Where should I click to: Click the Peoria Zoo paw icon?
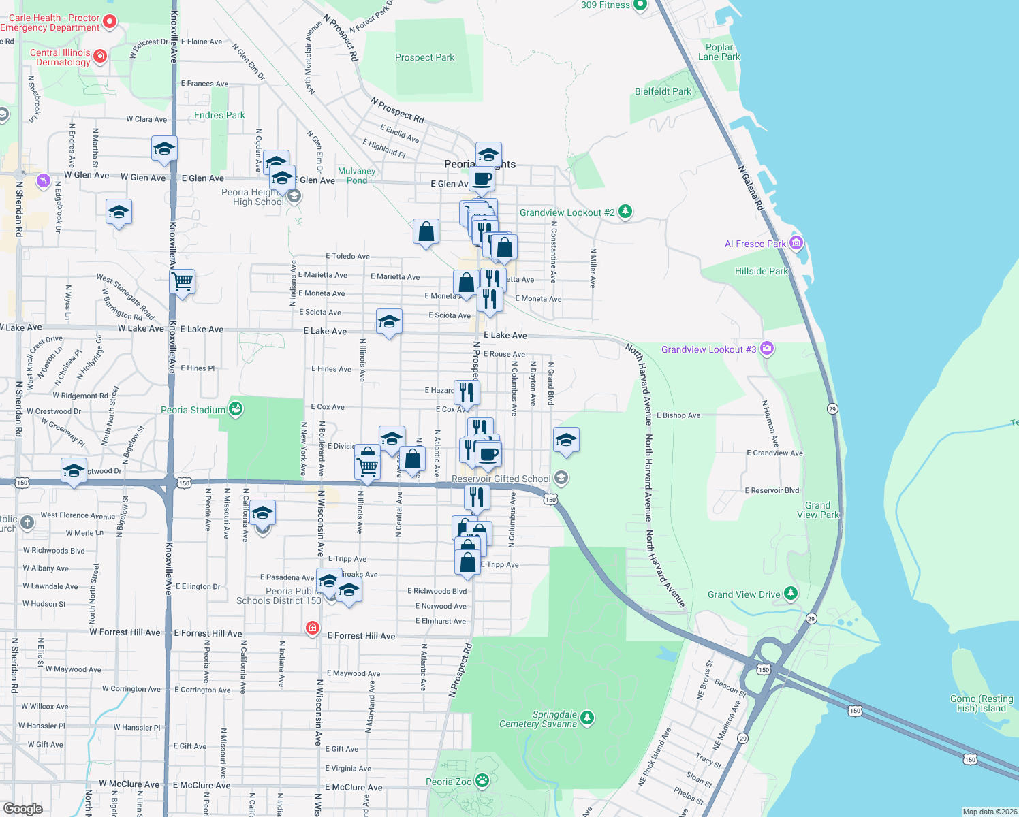pyautogui.click(x=482, y=780)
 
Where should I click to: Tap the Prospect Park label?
pyautogui.click(x=424, y=58)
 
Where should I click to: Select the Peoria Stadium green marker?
pyautogui.click(x=236, y=409)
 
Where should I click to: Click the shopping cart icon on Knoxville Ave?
pyautogui.click(x=183, y=281)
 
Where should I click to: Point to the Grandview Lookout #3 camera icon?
pyautogui.click(x=767, y=349)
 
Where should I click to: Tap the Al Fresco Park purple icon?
pyautogui.click(x=796, y=243)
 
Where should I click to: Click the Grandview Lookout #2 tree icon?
pyautogui.click(x=625, y=212)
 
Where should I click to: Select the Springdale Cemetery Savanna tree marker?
pyautogui.click(x=587, y=718)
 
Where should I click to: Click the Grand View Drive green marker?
pyautogui.click(x=790, y=594)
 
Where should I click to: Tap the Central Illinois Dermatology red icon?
pyautogui.click(x=100, y=56)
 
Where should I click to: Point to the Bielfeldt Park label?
pyautogui.click(x=663, y=91)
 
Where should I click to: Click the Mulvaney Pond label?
pyautogui.click(x=356, y=176)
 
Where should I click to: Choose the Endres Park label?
pyautogui.click(x=219, y=115)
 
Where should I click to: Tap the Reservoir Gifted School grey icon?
pyautogui.click(x=561, y=478)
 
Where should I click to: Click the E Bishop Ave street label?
pyautogui.click(x=678, y=415)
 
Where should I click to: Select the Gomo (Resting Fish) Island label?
pyautogui.click(x=982, y=703)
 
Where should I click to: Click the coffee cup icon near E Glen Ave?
pyautogui.click(x=482, y=179)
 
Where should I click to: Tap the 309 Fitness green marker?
pyautogui.click(x=640, y=5)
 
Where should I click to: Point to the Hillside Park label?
pyautogui.click(x=761, y=271)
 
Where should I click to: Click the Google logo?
pyautogui.click(x=22, y=809)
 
